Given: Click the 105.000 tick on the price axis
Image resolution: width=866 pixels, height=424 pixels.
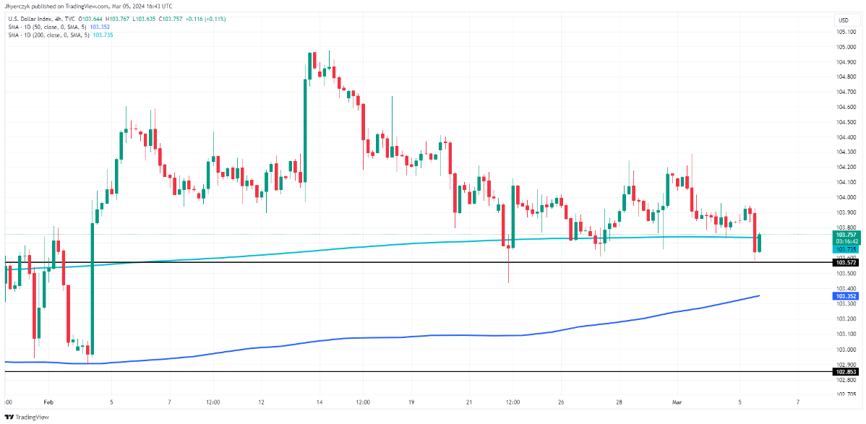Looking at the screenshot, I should tap(846, 47).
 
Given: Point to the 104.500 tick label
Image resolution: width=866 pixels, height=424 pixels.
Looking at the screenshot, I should tap(846, 122).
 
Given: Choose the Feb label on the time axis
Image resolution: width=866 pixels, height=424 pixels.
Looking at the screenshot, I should tap(48, 402).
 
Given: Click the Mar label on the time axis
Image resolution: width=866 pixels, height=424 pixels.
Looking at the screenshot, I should tap(677, 402).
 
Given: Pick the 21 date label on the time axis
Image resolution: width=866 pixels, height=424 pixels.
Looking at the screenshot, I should tap(469, 402).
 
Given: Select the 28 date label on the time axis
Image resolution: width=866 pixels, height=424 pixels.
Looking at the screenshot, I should tap(620, 402).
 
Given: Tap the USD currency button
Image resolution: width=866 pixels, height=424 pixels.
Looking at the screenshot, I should tap(844, 20).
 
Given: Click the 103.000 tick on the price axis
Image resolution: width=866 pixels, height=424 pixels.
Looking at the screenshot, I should tap(846, 349).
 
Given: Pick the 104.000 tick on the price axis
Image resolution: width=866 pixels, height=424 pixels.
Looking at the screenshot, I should tap(846, 197).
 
